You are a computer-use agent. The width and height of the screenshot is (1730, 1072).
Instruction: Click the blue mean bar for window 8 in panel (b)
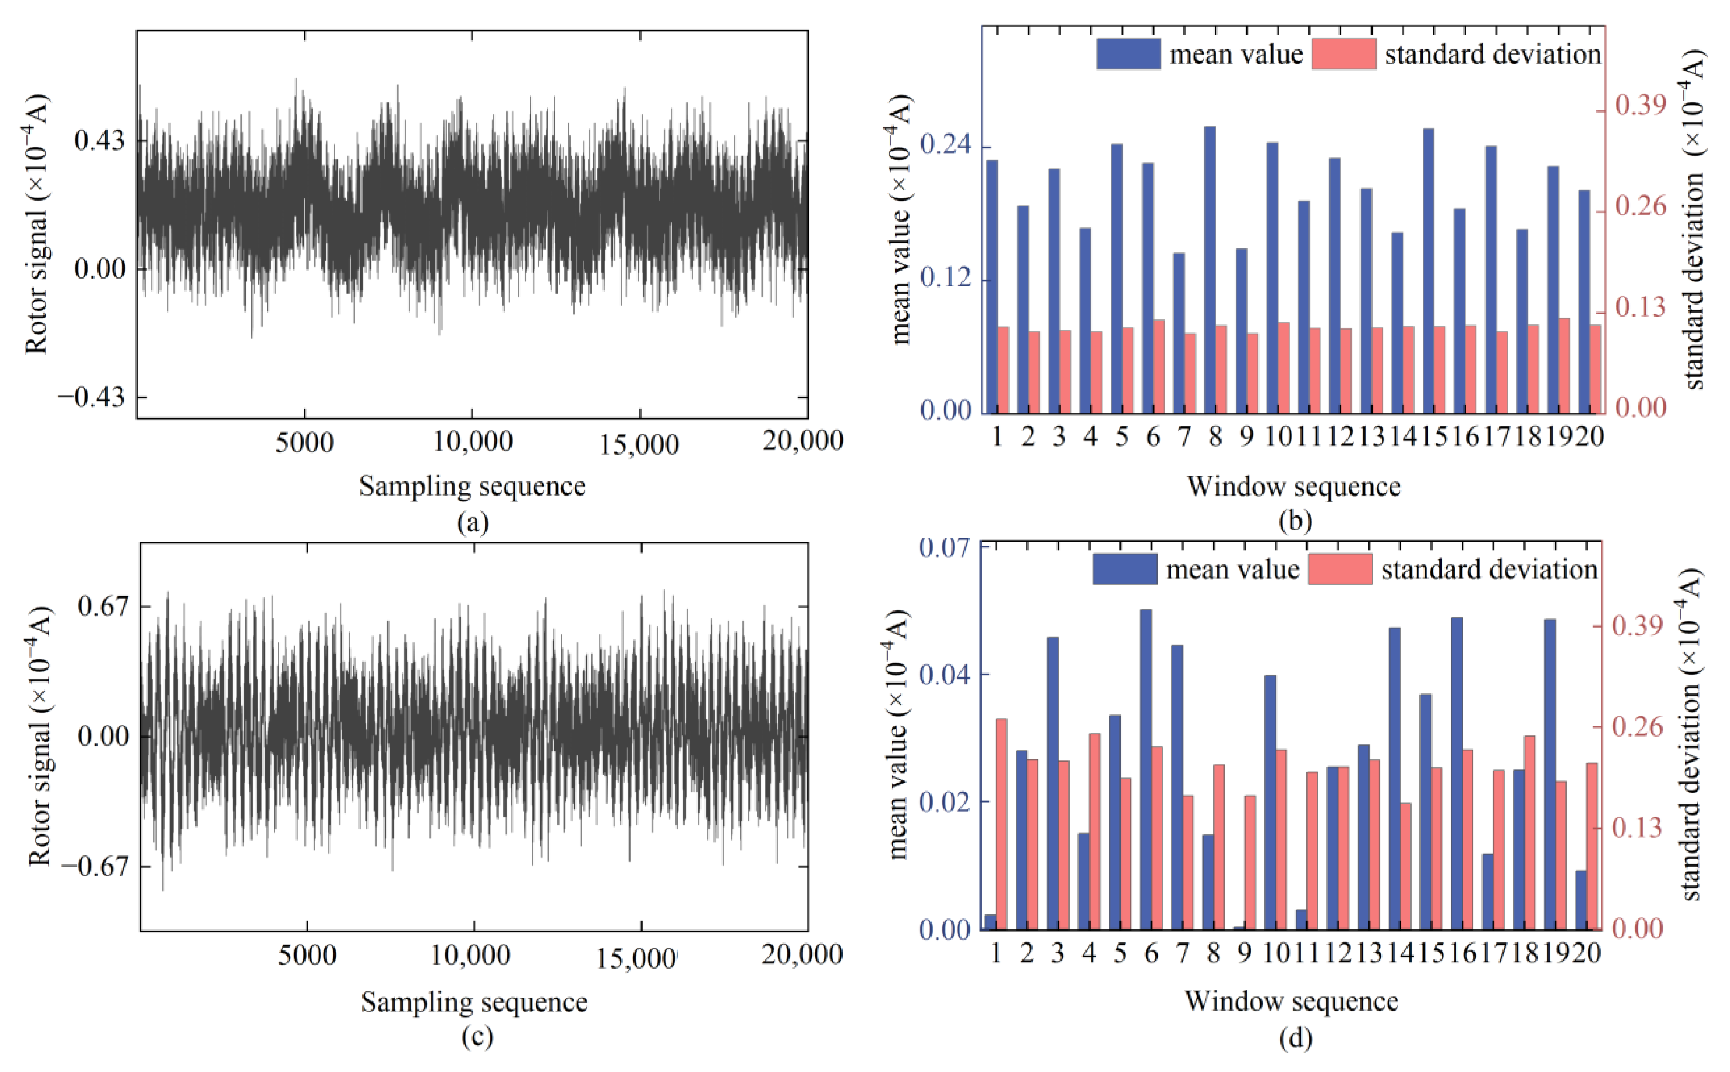point(1210,269)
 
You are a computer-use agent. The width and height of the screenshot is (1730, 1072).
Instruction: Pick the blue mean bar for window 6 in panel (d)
point(1146,769)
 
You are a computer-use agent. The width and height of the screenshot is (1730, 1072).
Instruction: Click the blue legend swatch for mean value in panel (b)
point(1128,54)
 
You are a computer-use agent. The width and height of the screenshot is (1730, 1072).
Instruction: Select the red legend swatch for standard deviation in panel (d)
point(1339,569)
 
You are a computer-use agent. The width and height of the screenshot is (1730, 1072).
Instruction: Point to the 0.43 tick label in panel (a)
point(99,141)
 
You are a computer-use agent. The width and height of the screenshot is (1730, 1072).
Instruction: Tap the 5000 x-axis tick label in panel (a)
point(304,442)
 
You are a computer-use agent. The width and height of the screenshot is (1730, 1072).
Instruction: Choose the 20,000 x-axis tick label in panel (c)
point(802,954)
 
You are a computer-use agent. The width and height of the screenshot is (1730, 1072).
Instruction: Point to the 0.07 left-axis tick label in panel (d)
point(944,548)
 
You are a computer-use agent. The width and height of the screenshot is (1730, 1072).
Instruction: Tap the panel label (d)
point(1295,1039)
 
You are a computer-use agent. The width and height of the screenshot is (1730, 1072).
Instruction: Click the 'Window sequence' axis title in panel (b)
point(1294,487)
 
